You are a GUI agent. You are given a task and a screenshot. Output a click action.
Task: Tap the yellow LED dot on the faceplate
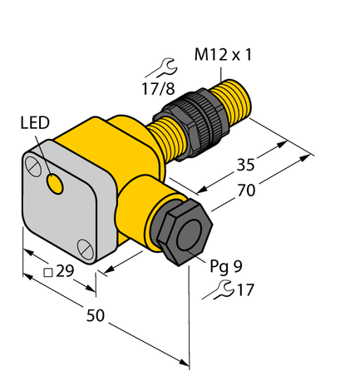[x=56, y=184]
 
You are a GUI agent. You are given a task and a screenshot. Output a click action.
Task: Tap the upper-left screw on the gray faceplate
[x=34, y=166]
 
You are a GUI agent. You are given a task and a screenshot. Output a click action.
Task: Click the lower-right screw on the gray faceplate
[x=84, y=246]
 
